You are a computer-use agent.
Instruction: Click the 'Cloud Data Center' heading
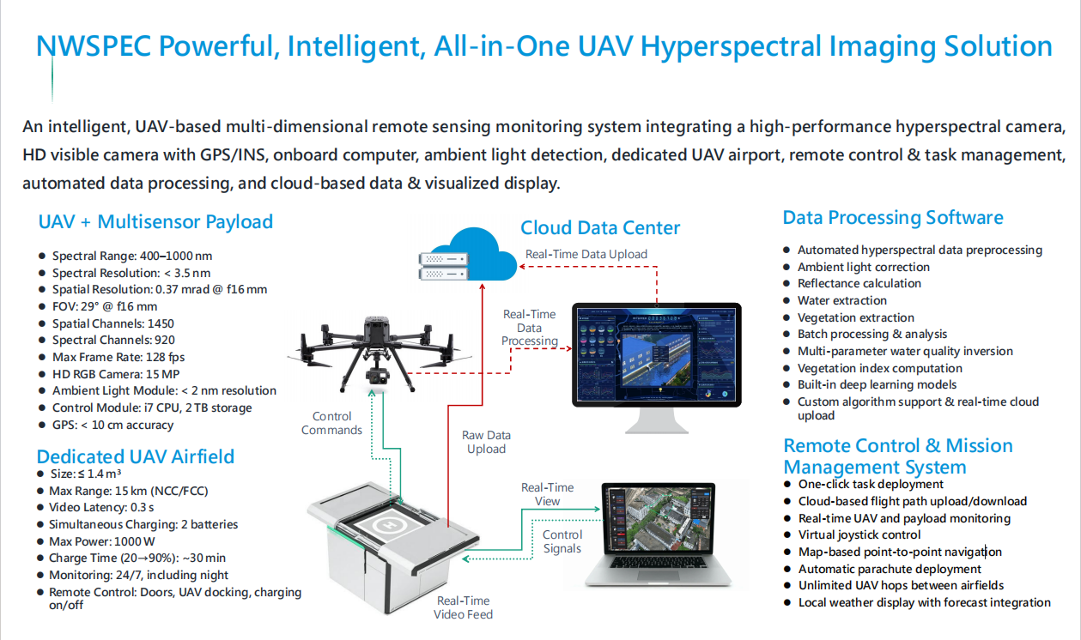(x=600, y=228)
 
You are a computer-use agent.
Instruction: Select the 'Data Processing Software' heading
(x=892, y=218)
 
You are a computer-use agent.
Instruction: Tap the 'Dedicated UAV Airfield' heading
(x=135, y=456)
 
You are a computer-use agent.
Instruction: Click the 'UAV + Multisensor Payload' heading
(x=155, y=222)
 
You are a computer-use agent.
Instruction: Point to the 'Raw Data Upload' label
(x=486, y=442)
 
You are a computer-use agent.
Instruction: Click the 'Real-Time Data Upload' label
(x=586, y=254)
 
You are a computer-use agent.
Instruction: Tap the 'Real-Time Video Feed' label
(x=464, y=607)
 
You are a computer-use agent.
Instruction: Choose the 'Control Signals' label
(x=562, y=541)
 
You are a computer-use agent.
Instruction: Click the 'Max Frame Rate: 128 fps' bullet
(x=118, y=357)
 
